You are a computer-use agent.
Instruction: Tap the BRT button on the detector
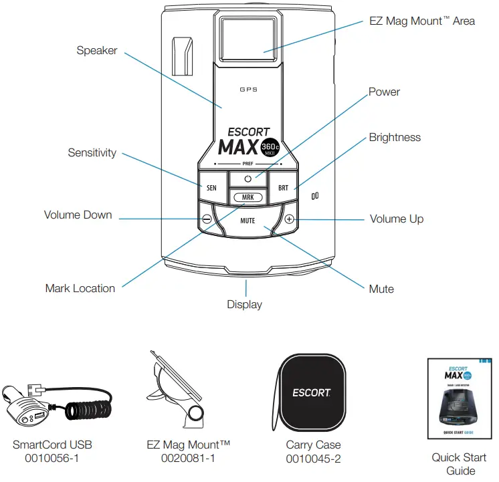click(283, 188)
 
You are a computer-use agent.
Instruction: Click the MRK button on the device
click(247, 198)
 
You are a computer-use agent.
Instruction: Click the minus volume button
click(207, 219)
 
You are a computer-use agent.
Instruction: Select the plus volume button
click(289, 219)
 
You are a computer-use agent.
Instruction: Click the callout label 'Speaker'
click(97, 50)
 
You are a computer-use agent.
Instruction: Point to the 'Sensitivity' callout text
click(92, 152)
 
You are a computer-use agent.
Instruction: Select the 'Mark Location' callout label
click(80, 288)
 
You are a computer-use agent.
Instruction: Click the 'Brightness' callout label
click(395, 137)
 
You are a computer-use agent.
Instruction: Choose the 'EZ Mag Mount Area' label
click(421, 21)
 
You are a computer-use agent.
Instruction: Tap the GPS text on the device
click(248, 89)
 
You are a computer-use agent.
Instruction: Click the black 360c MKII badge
click(271, 148)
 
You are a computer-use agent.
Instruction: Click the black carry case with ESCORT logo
click(311, 392)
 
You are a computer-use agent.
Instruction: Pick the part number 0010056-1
click(52, 458)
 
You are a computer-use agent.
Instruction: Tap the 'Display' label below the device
click(244, 304)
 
